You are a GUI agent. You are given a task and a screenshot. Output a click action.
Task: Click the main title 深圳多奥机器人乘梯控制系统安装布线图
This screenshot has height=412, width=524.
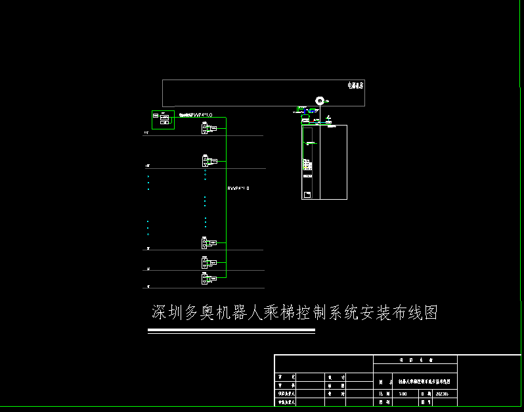point(295,313)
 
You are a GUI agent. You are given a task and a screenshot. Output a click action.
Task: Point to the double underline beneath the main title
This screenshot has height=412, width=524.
point(231,332)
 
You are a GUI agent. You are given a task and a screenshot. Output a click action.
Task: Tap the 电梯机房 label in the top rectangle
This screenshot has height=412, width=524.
point(355,85)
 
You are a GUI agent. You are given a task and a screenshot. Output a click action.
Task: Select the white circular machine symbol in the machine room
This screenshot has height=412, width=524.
point(320,101)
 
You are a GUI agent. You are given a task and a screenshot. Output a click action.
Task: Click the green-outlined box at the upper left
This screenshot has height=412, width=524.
point(163,120)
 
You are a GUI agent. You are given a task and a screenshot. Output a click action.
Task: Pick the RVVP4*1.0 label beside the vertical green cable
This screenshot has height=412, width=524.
point(239,189)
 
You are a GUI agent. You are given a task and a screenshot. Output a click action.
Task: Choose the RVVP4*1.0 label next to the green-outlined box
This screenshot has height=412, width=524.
point(196,115)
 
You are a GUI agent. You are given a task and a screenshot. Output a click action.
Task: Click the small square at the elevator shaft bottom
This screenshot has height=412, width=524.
point(307,194)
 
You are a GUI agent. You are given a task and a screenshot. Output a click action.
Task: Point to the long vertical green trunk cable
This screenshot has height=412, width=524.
point(226,197)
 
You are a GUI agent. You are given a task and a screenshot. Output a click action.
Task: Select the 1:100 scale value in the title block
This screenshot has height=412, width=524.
point(403,394)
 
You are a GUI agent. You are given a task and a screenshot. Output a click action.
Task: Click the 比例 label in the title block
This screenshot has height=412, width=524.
point(382,394)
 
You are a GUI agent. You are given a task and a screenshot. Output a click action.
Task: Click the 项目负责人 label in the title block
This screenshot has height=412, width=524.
point(288,394)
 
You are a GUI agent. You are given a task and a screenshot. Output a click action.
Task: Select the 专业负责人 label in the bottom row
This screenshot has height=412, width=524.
point(288,401)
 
